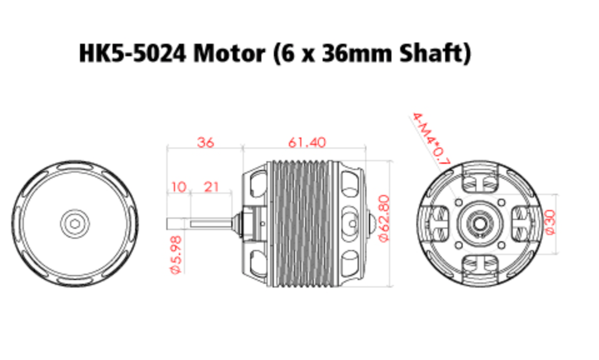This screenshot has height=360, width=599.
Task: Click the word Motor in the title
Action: click(229, 53)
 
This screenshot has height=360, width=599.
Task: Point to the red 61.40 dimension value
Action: click(306, 142)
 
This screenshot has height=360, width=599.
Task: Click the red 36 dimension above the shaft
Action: click(205, 142)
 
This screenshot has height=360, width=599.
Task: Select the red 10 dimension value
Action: click(178, 186)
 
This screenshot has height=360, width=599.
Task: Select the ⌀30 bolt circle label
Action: click(550, 221)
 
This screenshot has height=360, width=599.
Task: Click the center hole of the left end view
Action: click(74, 222)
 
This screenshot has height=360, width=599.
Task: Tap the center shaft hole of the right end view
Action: click(481, 222)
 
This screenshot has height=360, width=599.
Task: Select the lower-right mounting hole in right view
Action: click(503, 243)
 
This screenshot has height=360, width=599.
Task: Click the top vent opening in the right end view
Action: click(481, 182)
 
